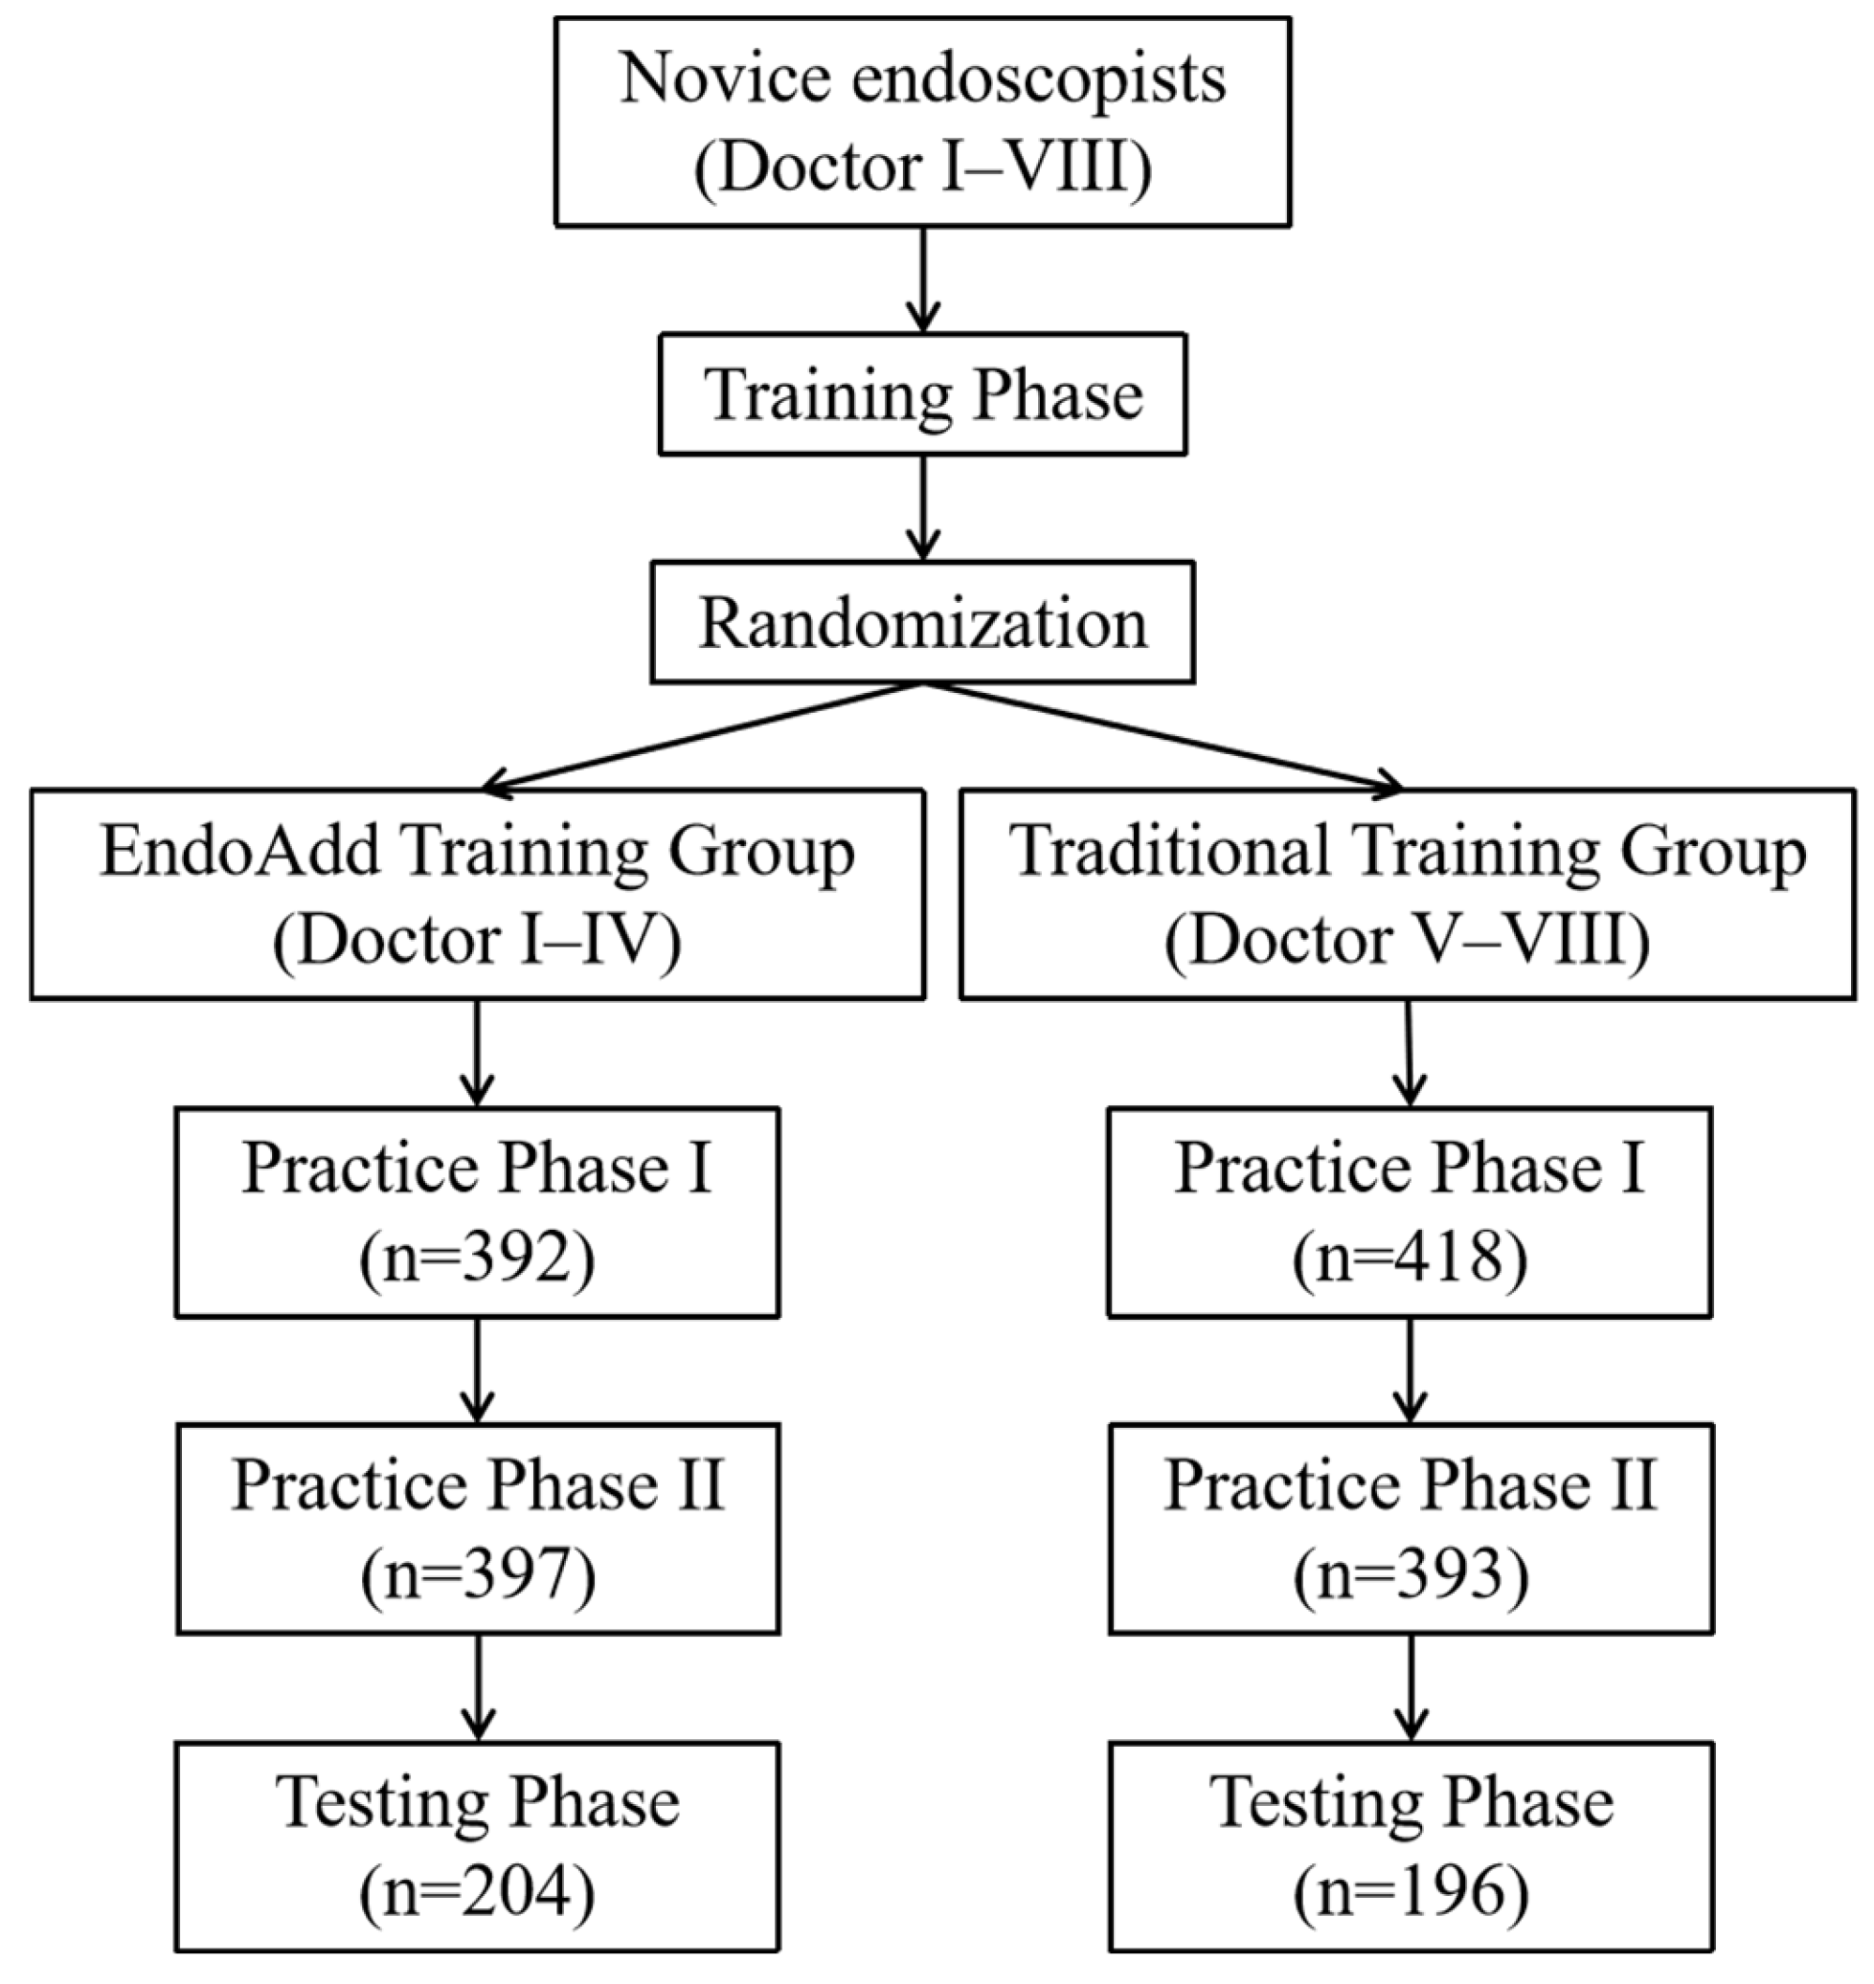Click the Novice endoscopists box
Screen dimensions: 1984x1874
(x=922, y=121)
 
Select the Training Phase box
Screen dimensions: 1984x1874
(x=922, y=394)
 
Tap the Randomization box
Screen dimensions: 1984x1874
(x=922, y=622)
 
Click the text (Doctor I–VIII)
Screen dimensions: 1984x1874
(x=922, y=167)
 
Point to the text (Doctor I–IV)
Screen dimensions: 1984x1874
(x=477, y=941)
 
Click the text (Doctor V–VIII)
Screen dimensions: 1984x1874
(x=1407, y=941)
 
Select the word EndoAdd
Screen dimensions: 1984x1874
(x=239, y=852)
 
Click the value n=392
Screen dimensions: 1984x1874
(x=477, y=1257)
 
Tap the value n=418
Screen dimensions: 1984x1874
(x=1410, y=1257)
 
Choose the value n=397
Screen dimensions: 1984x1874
(x=478, y=1574)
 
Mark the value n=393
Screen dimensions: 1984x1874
(x=1411, y=1574)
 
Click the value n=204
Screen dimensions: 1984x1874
(x=477, y=1892)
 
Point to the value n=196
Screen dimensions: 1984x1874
(x=1411, y=1892)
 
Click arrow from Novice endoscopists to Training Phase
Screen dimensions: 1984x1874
(x=922, y=279)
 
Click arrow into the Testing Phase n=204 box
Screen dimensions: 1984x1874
(x=478, y=1686)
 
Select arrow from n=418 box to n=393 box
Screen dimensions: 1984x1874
(x=1410, y=1369)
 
